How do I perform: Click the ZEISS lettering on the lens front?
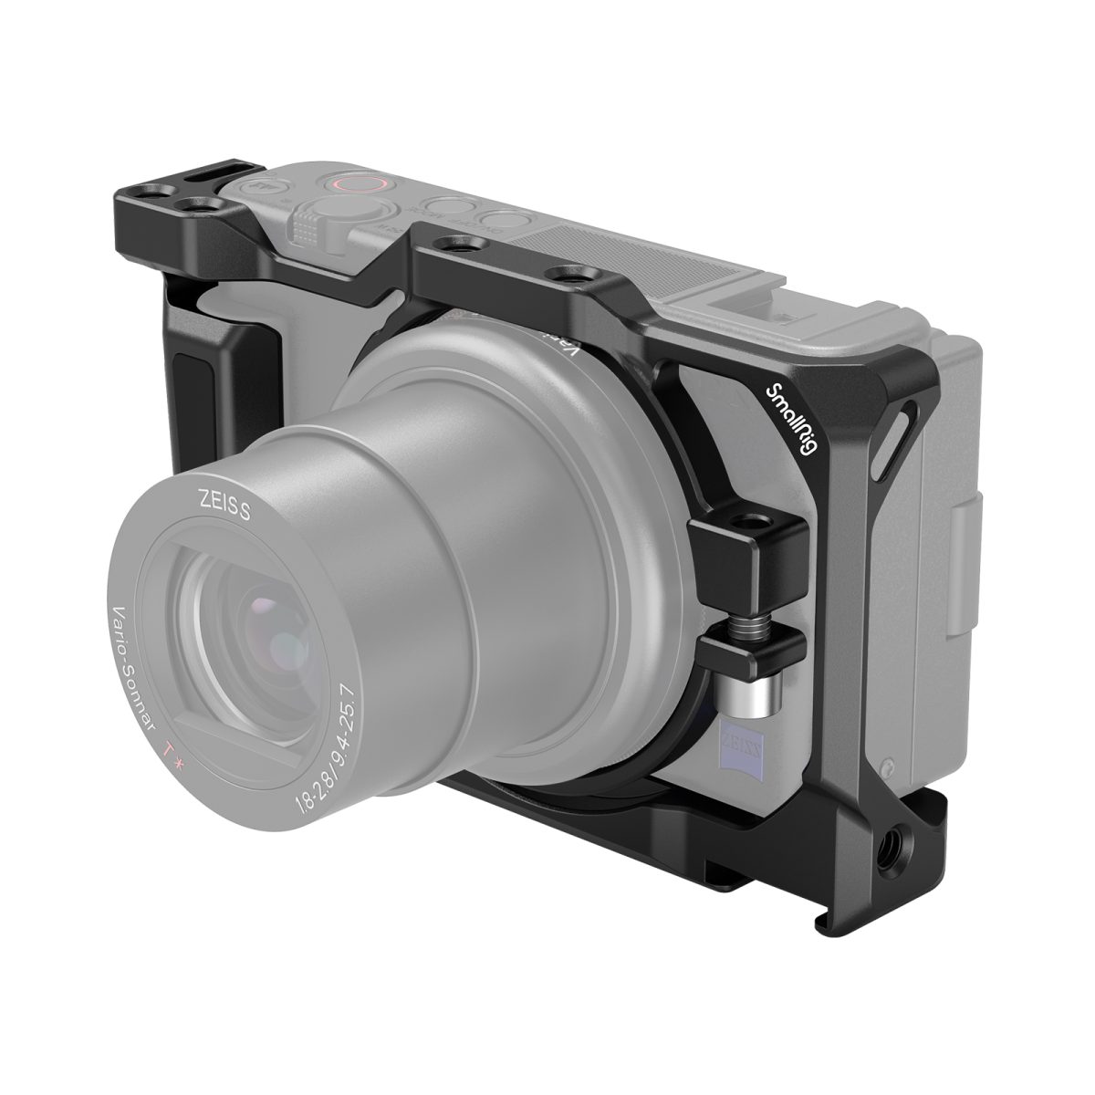tap(216, 500)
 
